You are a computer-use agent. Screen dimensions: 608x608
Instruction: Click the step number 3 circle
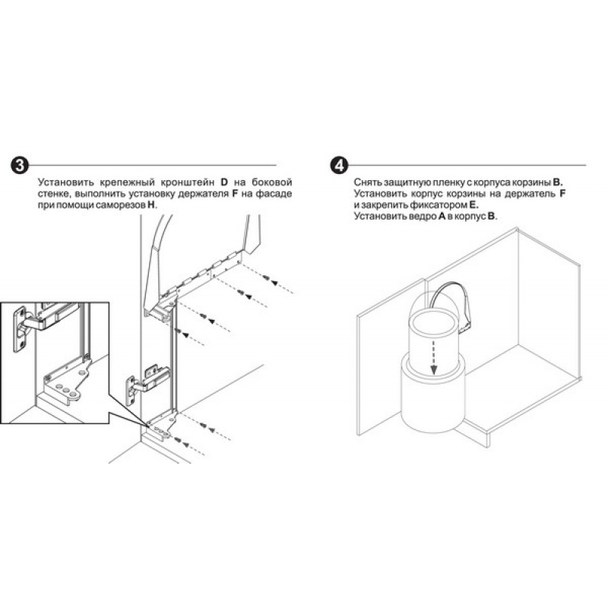pos(20,166)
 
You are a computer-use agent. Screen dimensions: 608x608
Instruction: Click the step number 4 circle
pos(339,165)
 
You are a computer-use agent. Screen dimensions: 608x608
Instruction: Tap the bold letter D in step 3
pos(224,182)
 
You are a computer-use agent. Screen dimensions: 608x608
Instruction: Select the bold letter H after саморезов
pos(151,204)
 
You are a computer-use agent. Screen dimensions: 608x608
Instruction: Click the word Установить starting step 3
pos(66,182)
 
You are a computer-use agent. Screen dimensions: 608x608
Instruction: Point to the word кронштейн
pos(188,182)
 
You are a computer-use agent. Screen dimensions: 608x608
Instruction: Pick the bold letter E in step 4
pos(473,204)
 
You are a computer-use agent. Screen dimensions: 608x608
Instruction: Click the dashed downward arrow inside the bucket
pos(433,356)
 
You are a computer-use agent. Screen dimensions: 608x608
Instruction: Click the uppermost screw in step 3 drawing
pos(266,277)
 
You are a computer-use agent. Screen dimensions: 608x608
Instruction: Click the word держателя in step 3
pos(203,194)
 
